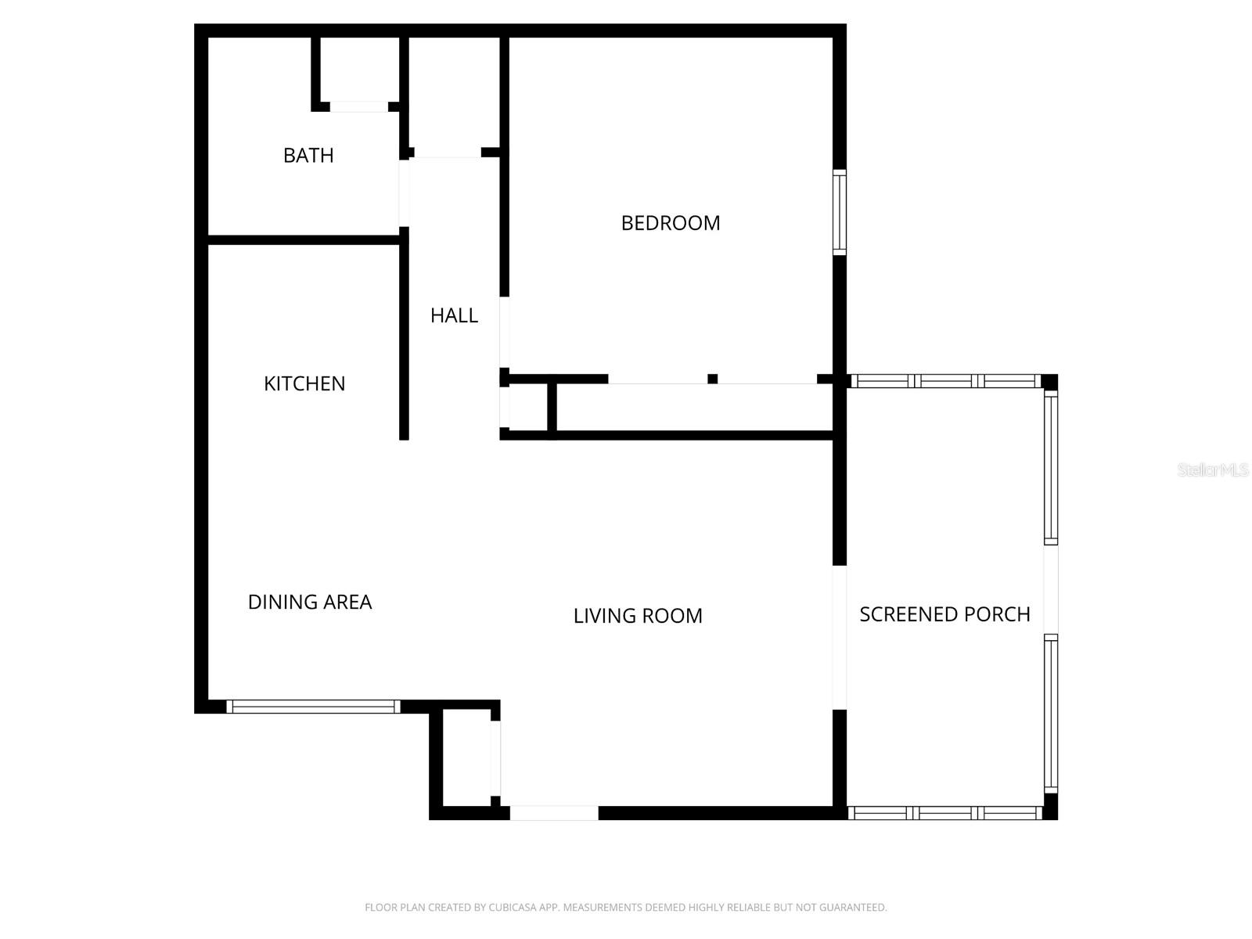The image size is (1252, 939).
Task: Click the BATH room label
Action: pyautogui.click(x=308, y=155)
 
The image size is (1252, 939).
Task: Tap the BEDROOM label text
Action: pyautogui.click(x=670, y=223)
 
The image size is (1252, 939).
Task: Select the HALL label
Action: pyautogui.click(x=454, y=315)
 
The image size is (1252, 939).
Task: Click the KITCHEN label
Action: pyautogui.click(x=304, y=383)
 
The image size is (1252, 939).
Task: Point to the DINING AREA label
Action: pyautogui.click(x=310, y=602)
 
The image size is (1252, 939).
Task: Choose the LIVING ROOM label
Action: pyautogui.click(x=638, y=616)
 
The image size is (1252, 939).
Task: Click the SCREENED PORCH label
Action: pyautogui.click(x=944, y=614)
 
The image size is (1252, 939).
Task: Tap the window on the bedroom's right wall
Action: pyautogui.click(x=839, y=212)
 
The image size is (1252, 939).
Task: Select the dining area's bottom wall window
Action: pyautogui.click(x=313, y=707)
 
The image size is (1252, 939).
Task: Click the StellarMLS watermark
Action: pyautogui.click(x=1213, y=470)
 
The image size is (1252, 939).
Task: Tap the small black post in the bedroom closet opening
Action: pyautogui.click(x=712, y=379)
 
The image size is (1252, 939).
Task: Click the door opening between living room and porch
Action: pyautogui.click(x=839, y=637)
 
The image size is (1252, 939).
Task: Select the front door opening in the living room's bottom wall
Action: pyautogui.click(x=554, y=813)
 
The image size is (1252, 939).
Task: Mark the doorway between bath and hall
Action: pyautogui.click(x=405, y=192)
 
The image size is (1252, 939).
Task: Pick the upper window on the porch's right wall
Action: pyautogui.click(x=1051, y=467)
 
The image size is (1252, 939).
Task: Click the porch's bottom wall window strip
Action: pyautogui.click(x=945, y=813)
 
